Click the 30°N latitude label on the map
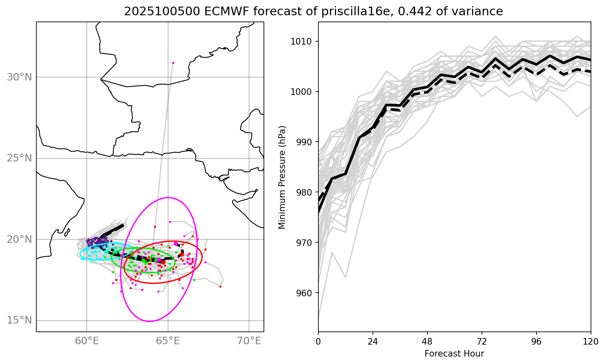click(19, 77)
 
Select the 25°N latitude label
click(19, 158)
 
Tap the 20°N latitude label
click(19, 239)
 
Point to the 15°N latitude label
click(19, 321)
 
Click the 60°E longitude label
click(87, 341)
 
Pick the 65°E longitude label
click(168, 341)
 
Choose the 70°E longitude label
click(249, 341)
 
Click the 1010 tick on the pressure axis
click(304, 41)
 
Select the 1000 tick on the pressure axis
click(304, 92)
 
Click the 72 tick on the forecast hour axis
click(482, 342)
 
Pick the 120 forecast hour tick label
click(591, 342)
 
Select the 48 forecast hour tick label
click(427, 342)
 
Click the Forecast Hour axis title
click(454, 354)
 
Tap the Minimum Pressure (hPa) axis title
click(282, 177)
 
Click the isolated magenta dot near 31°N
click(173, 63)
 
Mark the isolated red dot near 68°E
click(220, 286)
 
